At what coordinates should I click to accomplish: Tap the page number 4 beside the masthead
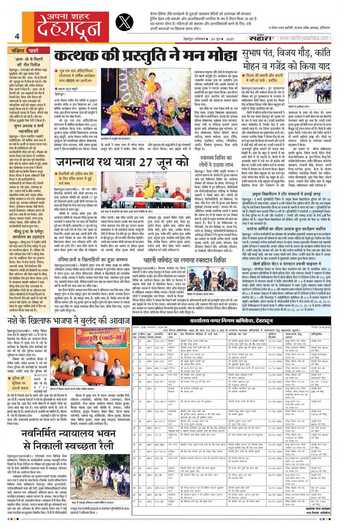17,37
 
